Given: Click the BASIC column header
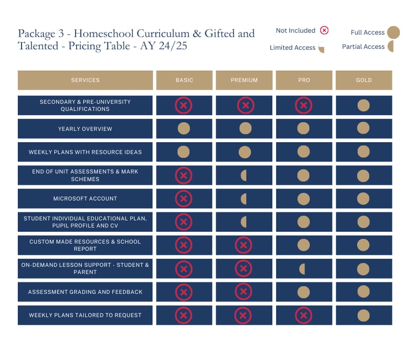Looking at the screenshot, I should [x=184, y=80].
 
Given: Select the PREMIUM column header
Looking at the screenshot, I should [x=244, y=80].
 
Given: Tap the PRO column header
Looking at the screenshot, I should [x=304, y=80].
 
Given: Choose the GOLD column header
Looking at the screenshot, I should [x=364, y=80].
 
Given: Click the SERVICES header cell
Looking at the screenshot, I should [x=85, y=80].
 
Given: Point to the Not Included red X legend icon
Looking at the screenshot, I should [x=324, y=30].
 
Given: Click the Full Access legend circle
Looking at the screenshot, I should [x=393, y=33].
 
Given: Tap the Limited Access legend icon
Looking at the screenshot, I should [x=321, y=48].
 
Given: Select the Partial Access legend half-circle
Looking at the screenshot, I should [x=390, y=47].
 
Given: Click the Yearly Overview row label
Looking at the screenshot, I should [x=85, y=129].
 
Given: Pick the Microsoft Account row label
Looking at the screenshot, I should [x=85, y=199].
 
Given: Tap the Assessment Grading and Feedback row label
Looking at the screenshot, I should [x=85, y=292].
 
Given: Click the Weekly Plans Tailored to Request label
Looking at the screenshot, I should [x=85, y=315].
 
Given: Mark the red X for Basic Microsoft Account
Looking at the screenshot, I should [x=184, y=199].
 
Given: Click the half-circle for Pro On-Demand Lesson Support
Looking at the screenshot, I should [x=302, y=269].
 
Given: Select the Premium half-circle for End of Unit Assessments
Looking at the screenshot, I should [x=243, y=176].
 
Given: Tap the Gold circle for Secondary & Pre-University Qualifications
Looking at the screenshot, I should [x=363, y=105].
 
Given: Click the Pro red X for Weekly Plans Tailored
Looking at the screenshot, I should [x=303, y=315].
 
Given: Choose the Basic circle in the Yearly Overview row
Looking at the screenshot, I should [x=184, y=129].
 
